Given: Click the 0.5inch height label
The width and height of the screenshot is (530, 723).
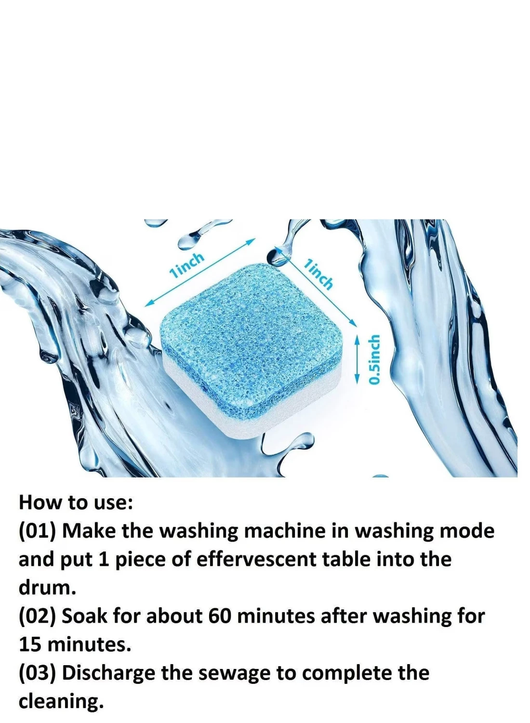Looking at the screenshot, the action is pos(374,359).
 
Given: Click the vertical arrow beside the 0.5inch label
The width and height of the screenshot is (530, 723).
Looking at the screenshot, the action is pos(357,359).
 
